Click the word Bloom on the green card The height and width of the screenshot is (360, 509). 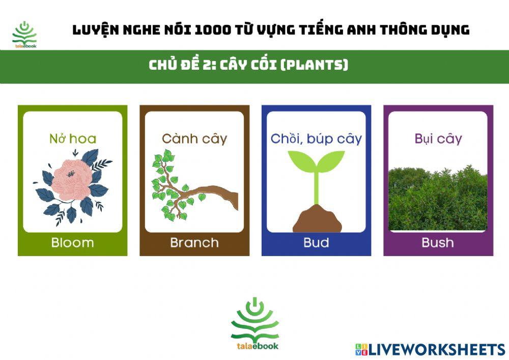[x=72, y=243]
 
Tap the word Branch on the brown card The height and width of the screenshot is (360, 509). [x=194, y=243]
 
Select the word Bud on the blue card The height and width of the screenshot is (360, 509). [x=316, y=243]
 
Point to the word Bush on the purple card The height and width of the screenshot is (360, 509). [x=438, y=243]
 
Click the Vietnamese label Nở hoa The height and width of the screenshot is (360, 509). [x=72, y=139]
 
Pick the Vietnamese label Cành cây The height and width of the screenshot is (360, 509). [x=194, y=139]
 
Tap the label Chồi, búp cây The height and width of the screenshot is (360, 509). [x=316, y=139]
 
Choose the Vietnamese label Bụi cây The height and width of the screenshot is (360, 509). [x=438, y=139]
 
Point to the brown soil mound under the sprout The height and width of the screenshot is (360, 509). [x=316, y=219]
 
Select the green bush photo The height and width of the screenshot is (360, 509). [x=438, y=199]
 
